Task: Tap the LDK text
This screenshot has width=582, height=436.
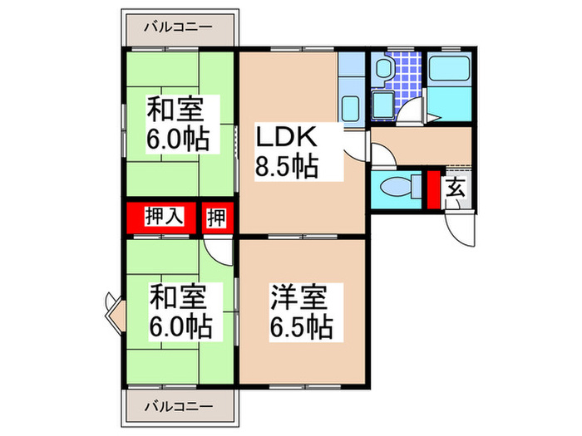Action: pos(284,136)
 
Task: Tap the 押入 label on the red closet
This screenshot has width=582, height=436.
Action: pos(163,218)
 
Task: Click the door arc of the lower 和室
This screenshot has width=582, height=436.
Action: pos(217,249)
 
